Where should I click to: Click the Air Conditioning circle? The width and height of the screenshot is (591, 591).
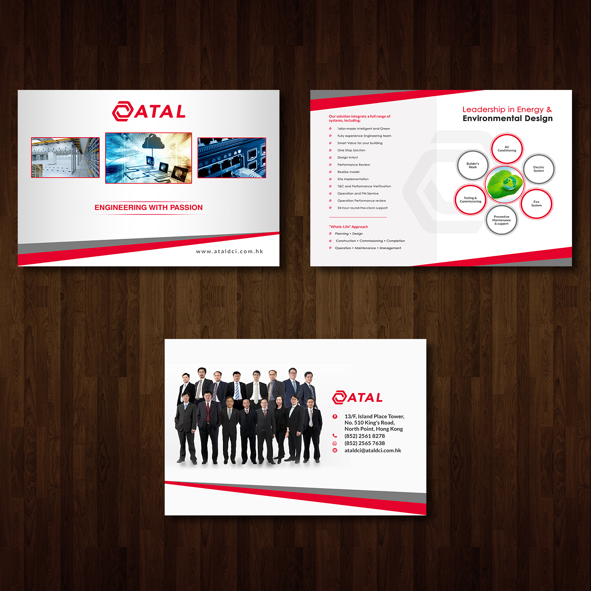point(507,149)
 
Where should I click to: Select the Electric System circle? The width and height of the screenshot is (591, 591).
point(539,169)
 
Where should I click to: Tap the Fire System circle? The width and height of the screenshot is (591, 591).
point(536,204)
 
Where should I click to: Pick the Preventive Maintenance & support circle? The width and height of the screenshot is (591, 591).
point(502,220)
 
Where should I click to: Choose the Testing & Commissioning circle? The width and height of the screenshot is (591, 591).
point(470,200)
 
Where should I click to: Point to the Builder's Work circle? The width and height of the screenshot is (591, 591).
point(472,165)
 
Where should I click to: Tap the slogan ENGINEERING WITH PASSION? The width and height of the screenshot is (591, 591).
point(149,208)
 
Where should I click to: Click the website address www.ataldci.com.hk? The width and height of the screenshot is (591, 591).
point(229,252)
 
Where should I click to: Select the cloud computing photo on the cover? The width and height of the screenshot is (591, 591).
point(149,158)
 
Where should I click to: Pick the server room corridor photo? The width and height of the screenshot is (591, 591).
point(65,157)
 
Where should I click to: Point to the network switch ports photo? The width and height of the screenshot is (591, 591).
point(232,157)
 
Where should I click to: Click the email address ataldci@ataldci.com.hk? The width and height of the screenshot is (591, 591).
point(373,450)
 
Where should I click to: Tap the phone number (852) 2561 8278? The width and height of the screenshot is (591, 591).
point(365,436)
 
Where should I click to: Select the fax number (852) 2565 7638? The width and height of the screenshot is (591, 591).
point(365,443)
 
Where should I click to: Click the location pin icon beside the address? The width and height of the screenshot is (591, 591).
point(335,417)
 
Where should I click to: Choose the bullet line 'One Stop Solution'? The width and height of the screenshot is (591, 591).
point(351,150)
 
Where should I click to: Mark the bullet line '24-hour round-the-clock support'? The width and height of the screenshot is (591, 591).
point(362,208)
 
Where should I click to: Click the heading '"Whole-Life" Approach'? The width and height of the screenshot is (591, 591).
point(348,227)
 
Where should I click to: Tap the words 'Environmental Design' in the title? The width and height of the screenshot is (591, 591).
point(507,119)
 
